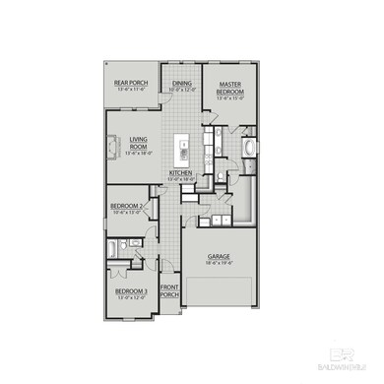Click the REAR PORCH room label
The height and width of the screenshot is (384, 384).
point(129,83)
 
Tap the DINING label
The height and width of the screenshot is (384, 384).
point(182,83)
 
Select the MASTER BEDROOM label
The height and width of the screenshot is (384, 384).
point(230,87)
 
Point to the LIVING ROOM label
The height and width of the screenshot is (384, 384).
point(137,143)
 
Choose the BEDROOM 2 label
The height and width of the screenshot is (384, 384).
point(127,206)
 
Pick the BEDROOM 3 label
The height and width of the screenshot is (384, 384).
point(131,291)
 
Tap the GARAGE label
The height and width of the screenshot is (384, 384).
point(218,256)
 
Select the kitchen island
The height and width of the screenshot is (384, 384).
point(182,150)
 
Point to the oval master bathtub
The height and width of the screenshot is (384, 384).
point(249,150)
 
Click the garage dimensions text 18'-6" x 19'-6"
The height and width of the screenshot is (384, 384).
point(218,263)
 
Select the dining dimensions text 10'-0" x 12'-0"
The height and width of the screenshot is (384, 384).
point(182,90)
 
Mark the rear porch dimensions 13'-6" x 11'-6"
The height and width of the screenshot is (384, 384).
point(129,90)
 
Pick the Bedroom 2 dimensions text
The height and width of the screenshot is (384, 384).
point(128,213)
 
